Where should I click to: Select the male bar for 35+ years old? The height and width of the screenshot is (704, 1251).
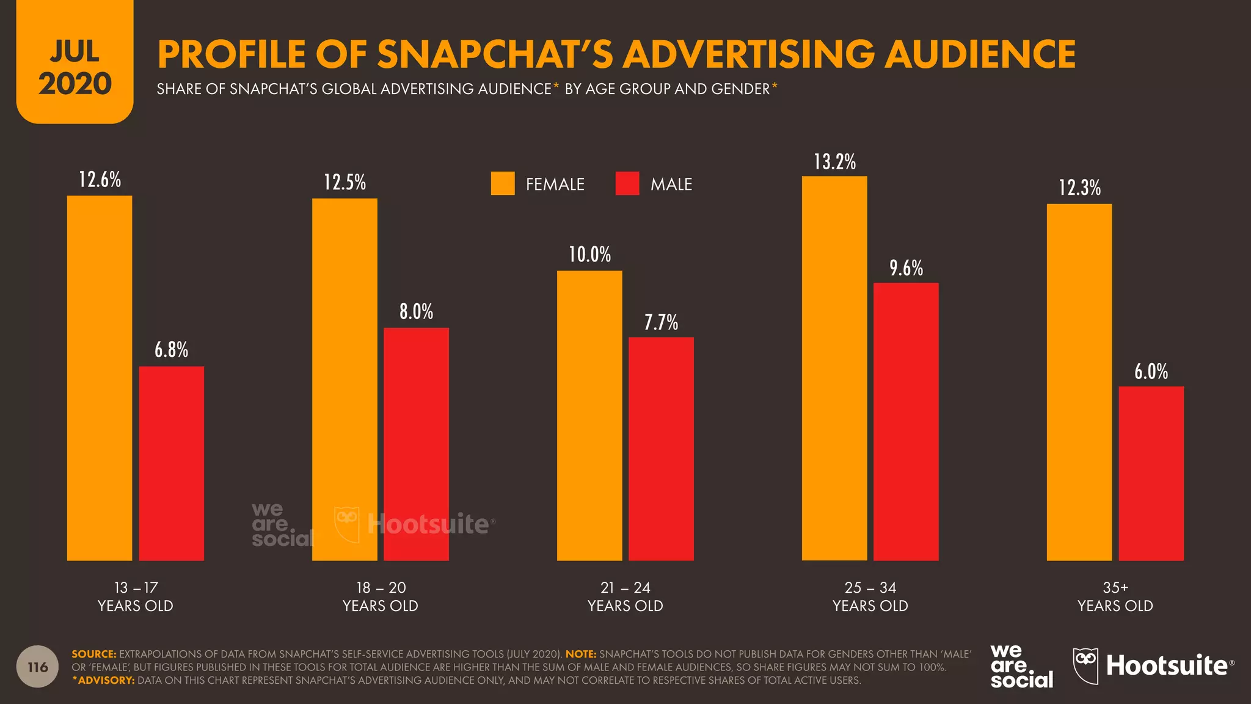pyautogui.click(x=1151, y=473)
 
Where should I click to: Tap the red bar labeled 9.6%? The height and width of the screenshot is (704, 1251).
pyautogui.click(x=906, y=421)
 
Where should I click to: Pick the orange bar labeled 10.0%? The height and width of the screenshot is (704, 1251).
pyautogui.click(x=589, y=415)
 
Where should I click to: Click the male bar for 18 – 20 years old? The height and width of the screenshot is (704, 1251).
pyautogui.click(x=416, y=444)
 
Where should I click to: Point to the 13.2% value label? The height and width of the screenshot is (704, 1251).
pyautogui.click(x=834, y=162)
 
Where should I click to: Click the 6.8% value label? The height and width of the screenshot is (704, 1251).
pyautogui.click(x=171, y=350)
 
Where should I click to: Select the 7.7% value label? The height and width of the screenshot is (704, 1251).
pyautogui.click(x=661, y=322)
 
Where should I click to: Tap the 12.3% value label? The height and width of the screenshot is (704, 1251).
pyautogui.click(x=1079, y=188)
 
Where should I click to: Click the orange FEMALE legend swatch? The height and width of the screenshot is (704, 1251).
pyautogui.click(x=503, y=183)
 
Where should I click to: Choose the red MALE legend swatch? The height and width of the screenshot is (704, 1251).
pyautogui.click(x=627, y=183)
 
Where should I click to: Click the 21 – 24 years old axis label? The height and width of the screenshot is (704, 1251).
pyautogui.click(x=625, y=596)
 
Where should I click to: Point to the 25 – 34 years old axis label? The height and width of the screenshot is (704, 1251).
pyautogui.click(x=870, y=596)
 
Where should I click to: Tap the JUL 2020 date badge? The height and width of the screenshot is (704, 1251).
pyautogui.click(x=75, y=67)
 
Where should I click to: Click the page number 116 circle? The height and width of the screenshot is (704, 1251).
pyautogui.click(x=38, y=667)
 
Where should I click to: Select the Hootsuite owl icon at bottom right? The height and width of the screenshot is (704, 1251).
pyautogui.click(x=1085, y=665)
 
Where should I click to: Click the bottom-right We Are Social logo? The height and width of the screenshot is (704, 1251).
pyautogui.click(x=1021, y=667)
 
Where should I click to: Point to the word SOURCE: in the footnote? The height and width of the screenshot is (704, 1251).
pyautogui.click(x=93, y=654)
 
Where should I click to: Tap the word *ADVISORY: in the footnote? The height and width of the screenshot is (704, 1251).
pyautogui.click(x=103, y=680)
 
